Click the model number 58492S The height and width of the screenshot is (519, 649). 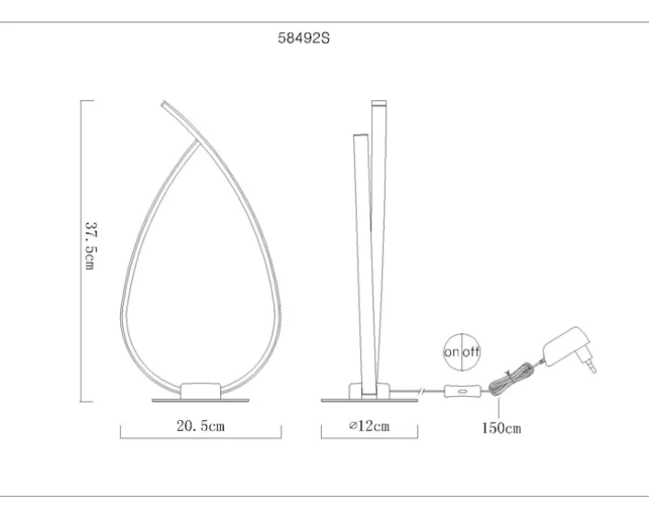(303, 39)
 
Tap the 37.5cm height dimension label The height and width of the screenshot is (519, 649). (91, 246)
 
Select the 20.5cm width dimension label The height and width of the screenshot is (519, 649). (201, 425)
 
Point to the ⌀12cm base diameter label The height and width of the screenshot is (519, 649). (369, 425)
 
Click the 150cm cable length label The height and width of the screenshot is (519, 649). (501, 428)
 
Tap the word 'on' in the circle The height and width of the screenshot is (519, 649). (452, 352)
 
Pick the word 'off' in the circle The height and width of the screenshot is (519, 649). (471, 352)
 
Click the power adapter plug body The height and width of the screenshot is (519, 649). (564, 346)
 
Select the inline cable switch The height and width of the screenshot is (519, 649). (462, 392)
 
